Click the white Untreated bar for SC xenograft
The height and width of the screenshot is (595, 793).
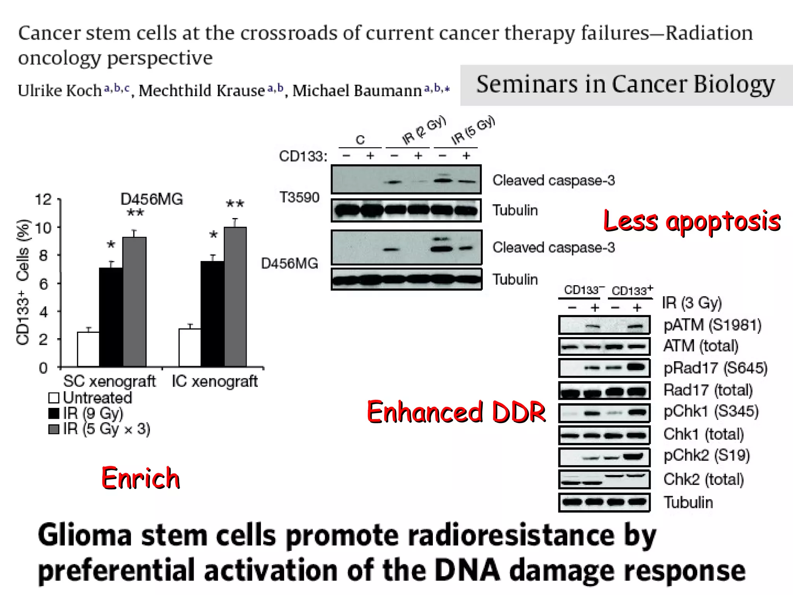tap(88, 349)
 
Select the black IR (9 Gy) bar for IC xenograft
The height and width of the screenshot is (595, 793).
tap(212, 314)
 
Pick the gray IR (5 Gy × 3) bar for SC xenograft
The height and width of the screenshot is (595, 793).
tap(134, 302)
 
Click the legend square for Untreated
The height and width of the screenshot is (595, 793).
tap(53, 398)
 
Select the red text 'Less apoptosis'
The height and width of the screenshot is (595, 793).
tap(692, 221)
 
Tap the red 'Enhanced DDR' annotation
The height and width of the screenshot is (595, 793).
tap(456, 412)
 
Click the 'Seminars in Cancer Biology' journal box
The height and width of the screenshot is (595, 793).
tap(625, 85)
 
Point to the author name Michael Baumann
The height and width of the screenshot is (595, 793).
tap(357, 91)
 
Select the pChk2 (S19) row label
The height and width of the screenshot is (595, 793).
tap(707, 456)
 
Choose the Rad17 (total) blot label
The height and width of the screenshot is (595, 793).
tap(708, 390)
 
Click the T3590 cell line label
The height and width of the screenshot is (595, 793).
tap(299, 198)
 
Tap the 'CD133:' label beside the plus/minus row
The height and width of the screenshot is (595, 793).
tap(303, 156)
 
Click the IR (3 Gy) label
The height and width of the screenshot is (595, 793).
tap(692, 303)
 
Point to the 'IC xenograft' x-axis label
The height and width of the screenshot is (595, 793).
tap(215, 381)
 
